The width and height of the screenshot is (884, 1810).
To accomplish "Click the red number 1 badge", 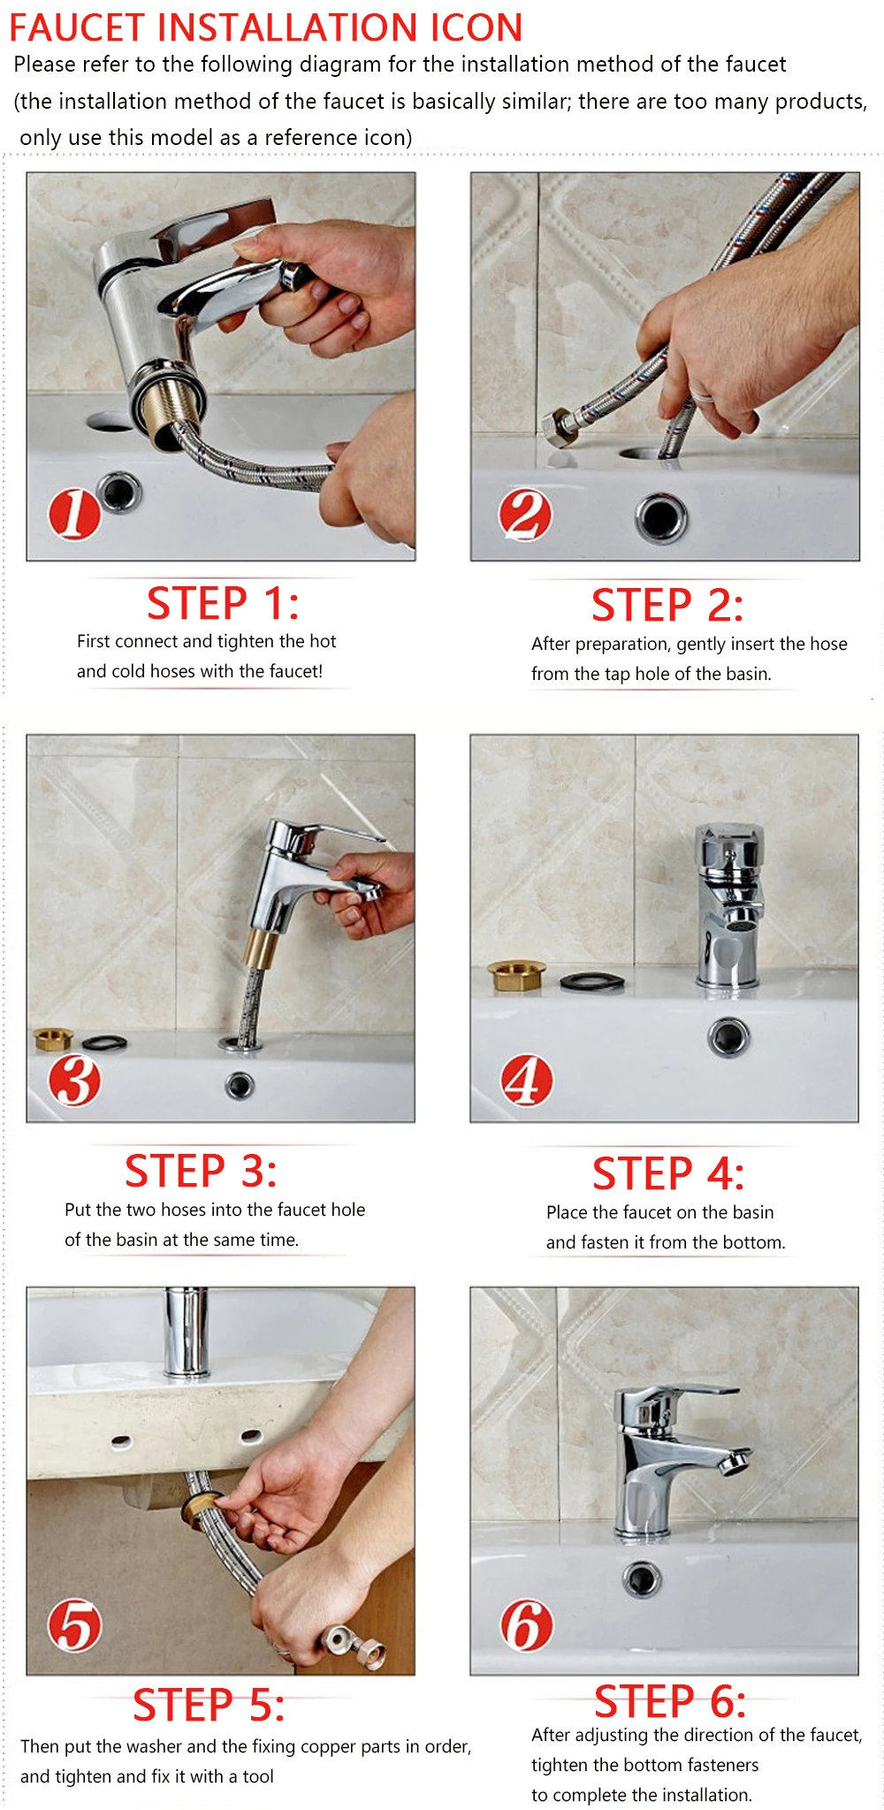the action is click(74, 514).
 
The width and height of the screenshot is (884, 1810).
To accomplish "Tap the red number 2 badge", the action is click(525, 515).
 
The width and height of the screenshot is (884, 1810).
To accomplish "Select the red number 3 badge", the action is click(74, 1081).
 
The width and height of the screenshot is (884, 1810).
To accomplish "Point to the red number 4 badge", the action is click(527, 1081).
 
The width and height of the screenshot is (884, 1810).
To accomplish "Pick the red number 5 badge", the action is click(74, 1625).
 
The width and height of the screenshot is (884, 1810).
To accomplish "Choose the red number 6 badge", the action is click(527, 1625).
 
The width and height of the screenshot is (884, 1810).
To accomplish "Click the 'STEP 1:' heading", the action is click(223, 604).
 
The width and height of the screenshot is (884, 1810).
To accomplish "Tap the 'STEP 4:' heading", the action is click(668, 1174).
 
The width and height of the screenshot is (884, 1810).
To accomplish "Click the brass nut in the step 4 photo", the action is click(517, 976).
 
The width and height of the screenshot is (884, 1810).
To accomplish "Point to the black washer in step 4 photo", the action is click(591, 981).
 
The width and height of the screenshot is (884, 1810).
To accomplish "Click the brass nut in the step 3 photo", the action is click(53, 1039).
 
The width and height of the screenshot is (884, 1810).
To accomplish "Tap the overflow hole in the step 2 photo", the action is click(660, 517).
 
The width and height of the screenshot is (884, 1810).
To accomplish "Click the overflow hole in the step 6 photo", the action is click(641, 1579).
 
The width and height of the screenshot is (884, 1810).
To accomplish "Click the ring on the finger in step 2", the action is click(703, 393).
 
